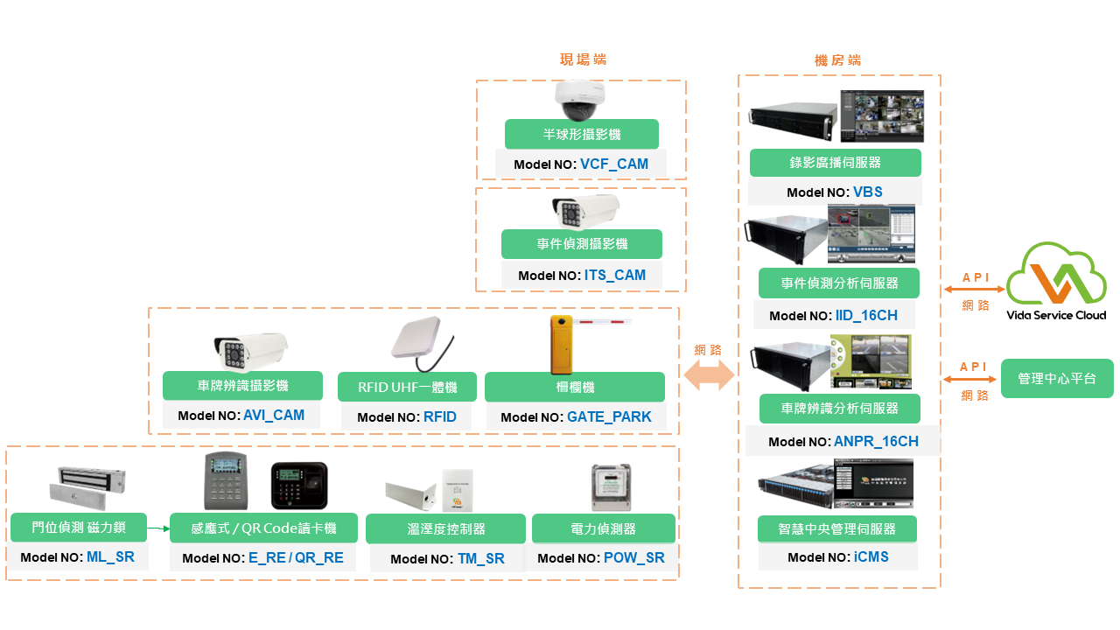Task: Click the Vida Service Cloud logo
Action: pos(1056,282)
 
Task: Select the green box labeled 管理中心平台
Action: pos(1057,379)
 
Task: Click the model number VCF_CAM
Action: pos(614,164)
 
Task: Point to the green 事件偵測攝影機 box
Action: pos(582,244)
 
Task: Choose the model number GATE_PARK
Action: pos(609,416)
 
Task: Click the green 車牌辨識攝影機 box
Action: pos(242,386)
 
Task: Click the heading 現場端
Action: pos(583,59)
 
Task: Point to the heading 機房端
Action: pos(837,60)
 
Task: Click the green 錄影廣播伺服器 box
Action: pos(835,163)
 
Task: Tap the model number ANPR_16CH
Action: pos(876,442)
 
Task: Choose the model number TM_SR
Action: pos(480,558)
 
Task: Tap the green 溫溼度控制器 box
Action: pos(445,529)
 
